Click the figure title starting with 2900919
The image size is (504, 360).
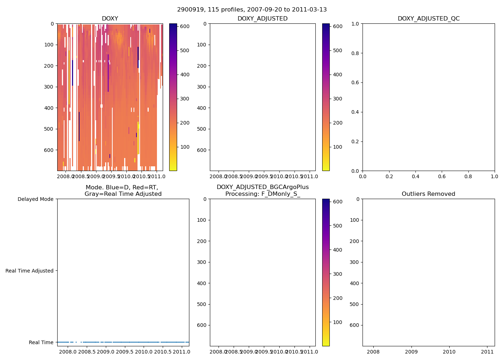(x=252, y=10)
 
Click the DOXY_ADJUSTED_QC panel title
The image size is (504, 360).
(x=428, y=19)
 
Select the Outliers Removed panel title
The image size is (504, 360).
(x=428, y=194)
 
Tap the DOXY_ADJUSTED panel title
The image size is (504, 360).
(x=262, y=19)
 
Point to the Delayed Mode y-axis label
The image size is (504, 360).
(x=35, y=199)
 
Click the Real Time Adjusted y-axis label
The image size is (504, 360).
(x=30, y=271)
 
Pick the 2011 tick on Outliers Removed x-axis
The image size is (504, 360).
(x=487, y=352)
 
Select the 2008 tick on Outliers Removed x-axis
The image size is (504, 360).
(x=373, y=352)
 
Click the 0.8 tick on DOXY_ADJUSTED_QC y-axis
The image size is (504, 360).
(x=356, y=53)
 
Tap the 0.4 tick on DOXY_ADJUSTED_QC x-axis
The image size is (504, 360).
(x=415, y=177)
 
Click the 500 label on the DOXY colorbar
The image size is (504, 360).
(x=185, y=50)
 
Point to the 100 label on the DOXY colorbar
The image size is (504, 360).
(x=185, y=147)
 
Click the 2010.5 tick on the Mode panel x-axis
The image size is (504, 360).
(x=163, y=352)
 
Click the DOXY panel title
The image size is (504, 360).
(x=110, y=19)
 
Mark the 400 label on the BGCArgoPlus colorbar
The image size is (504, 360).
(x=337, y=250)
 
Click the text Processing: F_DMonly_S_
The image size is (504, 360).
(x=262, y=194)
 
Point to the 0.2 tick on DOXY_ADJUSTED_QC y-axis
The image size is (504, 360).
(x=356, y=141)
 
